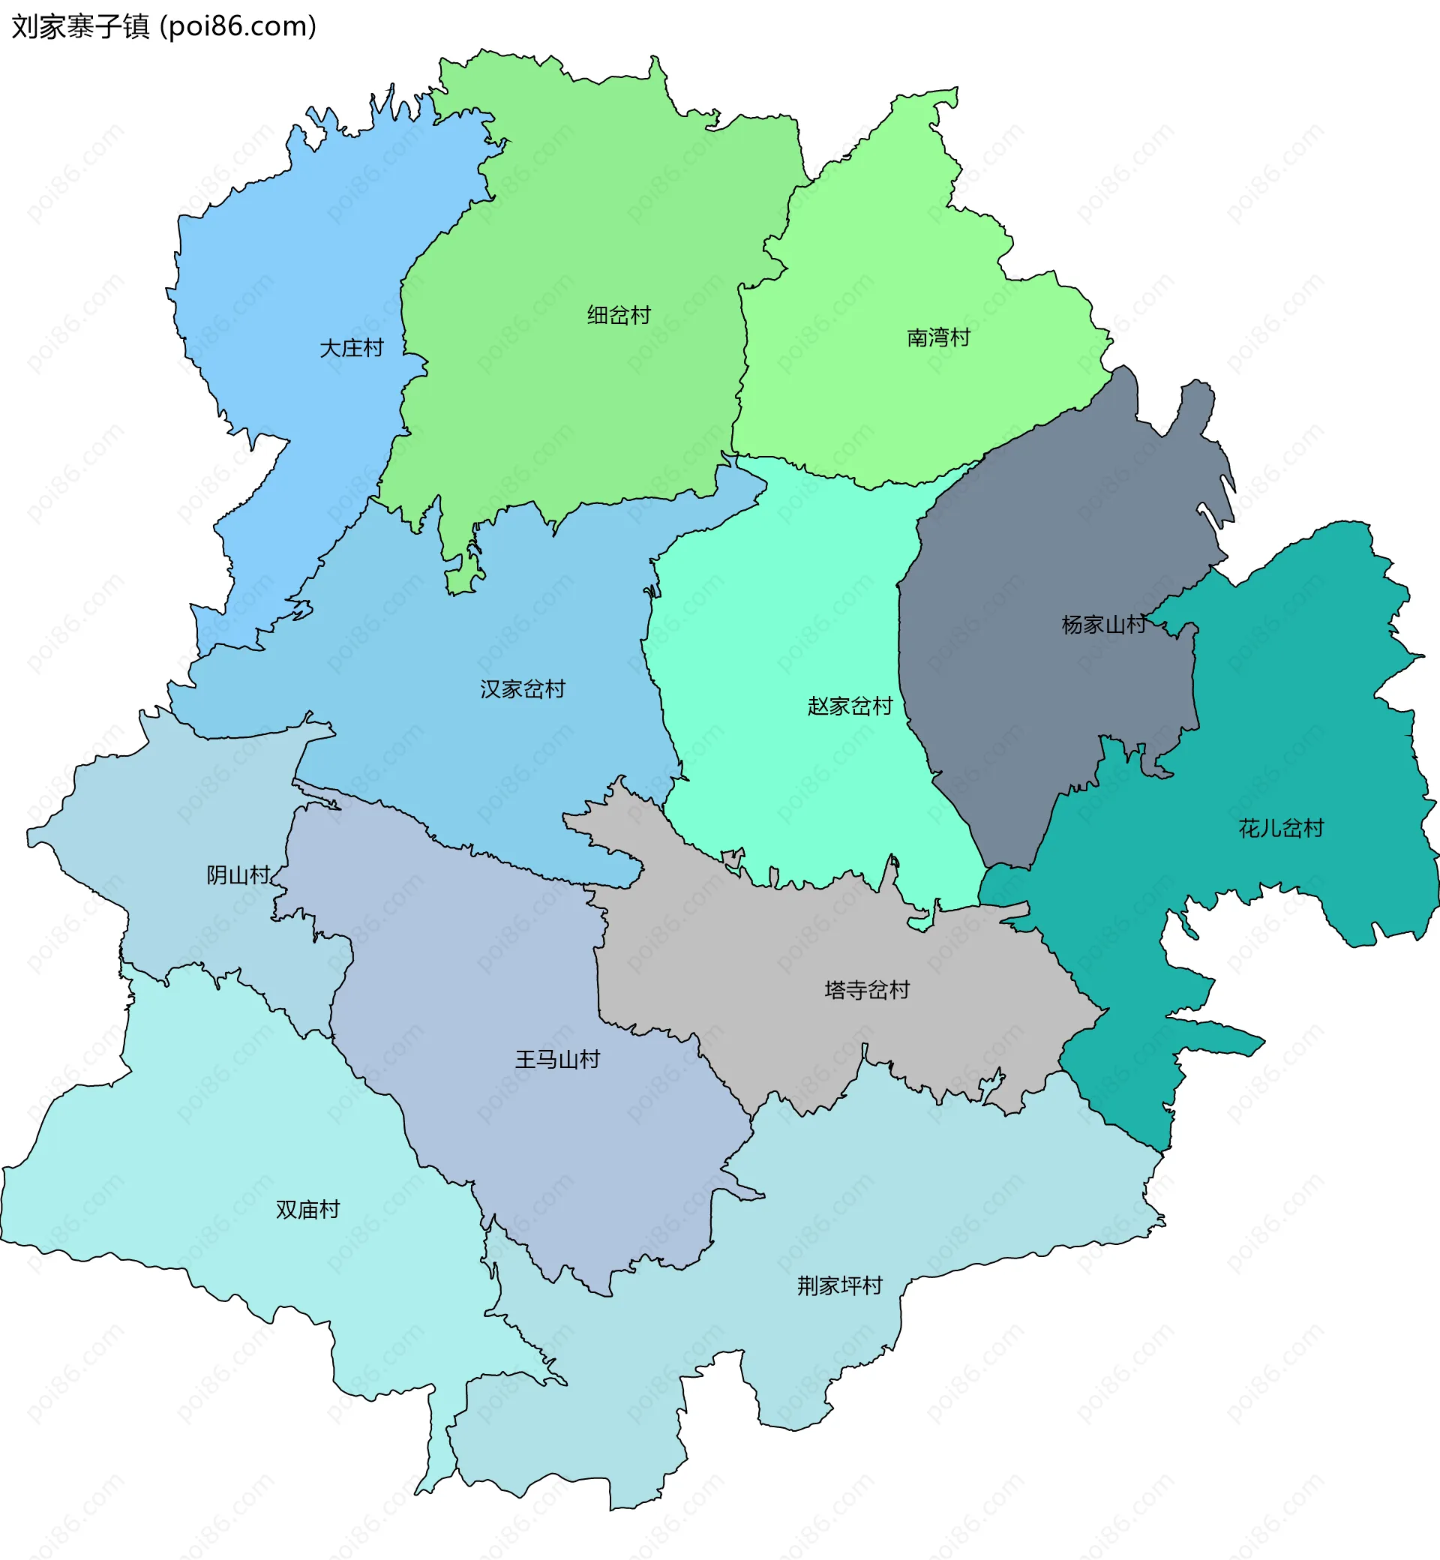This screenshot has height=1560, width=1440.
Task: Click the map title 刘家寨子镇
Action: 80,27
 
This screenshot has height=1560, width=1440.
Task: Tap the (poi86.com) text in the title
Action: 238,27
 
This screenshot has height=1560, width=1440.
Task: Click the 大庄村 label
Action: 352,348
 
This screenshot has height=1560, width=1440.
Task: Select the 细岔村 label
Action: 619,316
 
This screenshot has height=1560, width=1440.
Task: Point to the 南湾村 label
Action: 938,337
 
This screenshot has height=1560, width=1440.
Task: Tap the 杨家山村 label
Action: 1103,624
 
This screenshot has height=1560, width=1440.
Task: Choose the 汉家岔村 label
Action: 522,688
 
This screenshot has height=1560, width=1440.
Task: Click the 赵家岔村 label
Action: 849,706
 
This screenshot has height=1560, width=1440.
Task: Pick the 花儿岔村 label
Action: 1281,827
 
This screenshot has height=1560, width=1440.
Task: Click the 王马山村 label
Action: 557,1059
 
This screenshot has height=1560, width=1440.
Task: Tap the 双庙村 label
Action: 307,1209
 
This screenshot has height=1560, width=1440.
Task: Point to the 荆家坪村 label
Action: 839,1285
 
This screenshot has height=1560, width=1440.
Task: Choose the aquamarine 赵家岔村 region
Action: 779,623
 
